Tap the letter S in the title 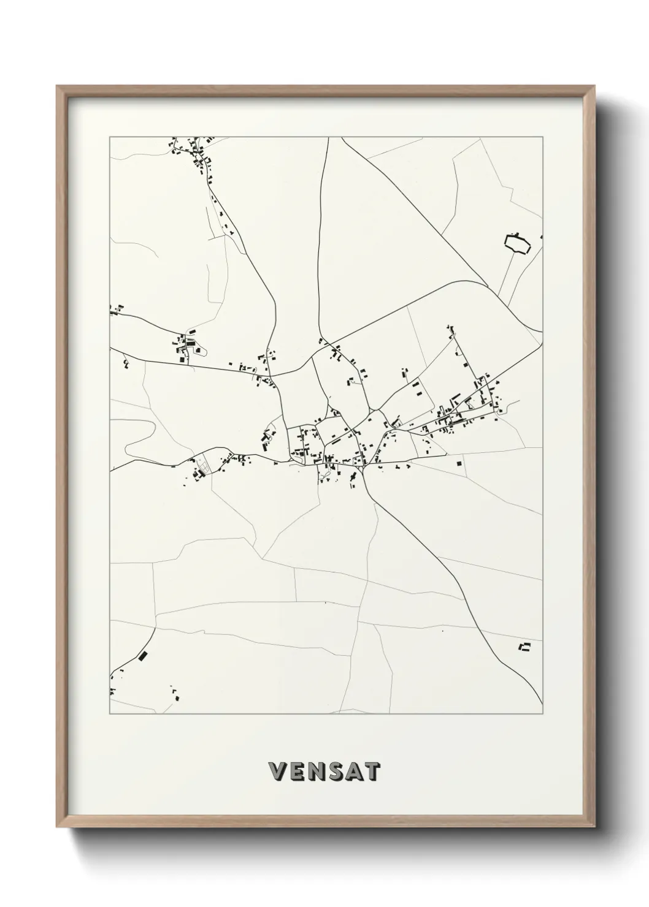point(336,772)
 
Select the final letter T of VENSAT point(372,772)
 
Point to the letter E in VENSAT point(296,772)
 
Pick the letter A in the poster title point(354,772)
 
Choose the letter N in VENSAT point(316,772)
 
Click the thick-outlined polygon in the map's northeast point(517,244)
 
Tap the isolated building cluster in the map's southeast point(524,647)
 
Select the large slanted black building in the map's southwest point(144,656)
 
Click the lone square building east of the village point(459,464)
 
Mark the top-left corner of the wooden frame point(57,86)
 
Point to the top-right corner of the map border point(543,137)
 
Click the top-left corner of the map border point(110,137)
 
